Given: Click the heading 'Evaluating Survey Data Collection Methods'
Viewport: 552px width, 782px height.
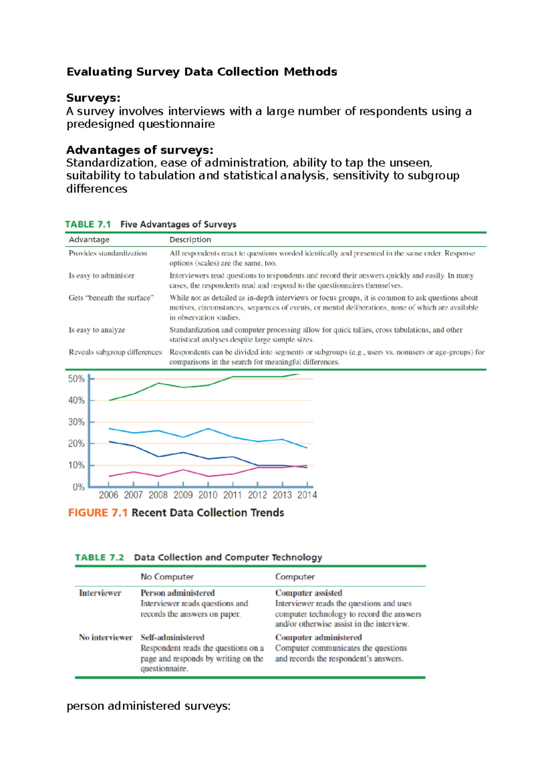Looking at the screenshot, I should click(x=201, y=72).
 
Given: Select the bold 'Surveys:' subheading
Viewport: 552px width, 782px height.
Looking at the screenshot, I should click(x=93, y=98).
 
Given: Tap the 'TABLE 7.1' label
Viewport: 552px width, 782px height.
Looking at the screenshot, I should click(x=88, y=224).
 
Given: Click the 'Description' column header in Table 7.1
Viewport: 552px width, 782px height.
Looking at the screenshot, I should click(x=190, y=239).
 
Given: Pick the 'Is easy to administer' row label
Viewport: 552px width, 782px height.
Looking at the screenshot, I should click(x=101, y=275).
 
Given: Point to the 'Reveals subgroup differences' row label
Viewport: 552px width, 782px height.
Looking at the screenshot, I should click(x=115, y=352).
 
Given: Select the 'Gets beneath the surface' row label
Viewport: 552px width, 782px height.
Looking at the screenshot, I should click(x=111, y=298).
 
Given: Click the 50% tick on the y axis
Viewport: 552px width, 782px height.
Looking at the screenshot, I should click(x=76, y=379).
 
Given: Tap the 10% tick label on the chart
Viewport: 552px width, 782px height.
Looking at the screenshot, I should click(x=76, y=465).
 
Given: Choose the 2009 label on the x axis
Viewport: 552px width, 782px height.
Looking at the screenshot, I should click(x=183, y=495).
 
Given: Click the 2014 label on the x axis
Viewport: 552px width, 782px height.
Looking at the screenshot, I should click(x=307, y=495).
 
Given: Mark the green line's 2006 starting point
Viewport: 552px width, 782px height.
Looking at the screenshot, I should click(x=109, y=400).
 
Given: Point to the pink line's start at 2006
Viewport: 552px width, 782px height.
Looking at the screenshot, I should click(x=109, y=476).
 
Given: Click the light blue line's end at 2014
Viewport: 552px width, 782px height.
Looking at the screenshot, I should click(x=307, y=448).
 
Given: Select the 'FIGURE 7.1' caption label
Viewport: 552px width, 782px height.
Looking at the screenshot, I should click(x=98, y=513).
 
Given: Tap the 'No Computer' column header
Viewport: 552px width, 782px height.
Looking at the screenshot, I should click(x=167, y=577).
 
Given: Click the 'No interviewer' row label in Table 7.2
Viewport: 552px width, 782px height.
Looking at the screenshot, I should click(x=105, y=637).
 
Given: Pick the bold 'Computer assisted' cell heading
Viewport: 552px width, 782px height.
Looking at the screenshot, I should click(x=309, y=593).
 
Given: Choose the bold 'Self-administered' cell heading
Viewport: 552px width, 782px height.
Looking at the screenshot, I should click(x=172, y=637).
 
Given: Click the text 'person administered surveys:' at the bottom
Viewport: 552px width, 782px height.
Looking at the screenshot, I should click(x=148, y=706).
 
